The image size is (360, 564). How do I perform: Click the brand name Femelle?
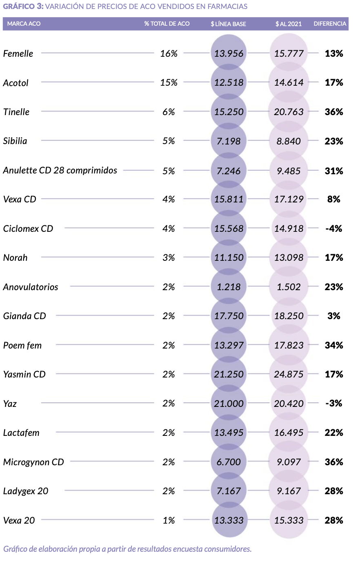click(18, 53)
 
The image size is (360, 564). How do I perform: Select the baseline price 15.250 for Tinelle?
click(229, 112)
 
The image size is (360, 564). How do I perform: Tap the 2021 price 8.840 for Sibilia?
click(289, 141)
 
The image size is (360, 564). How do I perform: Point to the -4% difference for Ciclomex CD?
click(333, 229)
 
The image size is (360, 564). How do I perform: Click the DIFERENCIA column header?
click(330, 24)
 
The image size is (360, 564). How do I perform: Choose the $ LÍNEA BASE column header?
click(228, 24)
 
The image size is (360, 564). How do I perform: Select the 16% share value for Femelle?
click(169, 53)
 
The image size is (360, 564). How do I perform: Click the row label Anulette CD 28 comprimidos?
click(60, 171)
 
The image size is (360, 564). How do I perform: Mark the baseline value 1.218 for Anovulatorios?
click(229, 287)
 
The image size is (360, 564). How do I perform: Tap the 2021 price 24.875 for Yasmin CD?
click(289, 374)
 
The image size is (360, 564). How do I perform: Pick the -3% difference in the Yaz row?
click(333, 403)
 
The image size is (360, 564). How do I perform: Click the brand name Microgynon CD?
click(33, 462)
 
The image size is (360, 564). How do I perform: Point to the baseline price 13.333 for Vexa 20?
click(229, 520)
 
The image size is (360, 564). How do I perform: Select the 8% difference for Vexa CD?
click(333, 199)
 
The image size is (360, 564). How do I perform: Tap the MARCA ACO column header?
click(24, 24)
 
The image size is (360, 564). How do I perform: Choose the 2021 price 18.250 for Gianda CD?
click(289, 316)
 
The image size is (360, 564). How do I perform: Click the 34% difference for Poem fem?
click(333, 345)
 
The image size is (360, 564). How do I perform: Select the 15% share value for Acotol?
click(169, 82)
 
